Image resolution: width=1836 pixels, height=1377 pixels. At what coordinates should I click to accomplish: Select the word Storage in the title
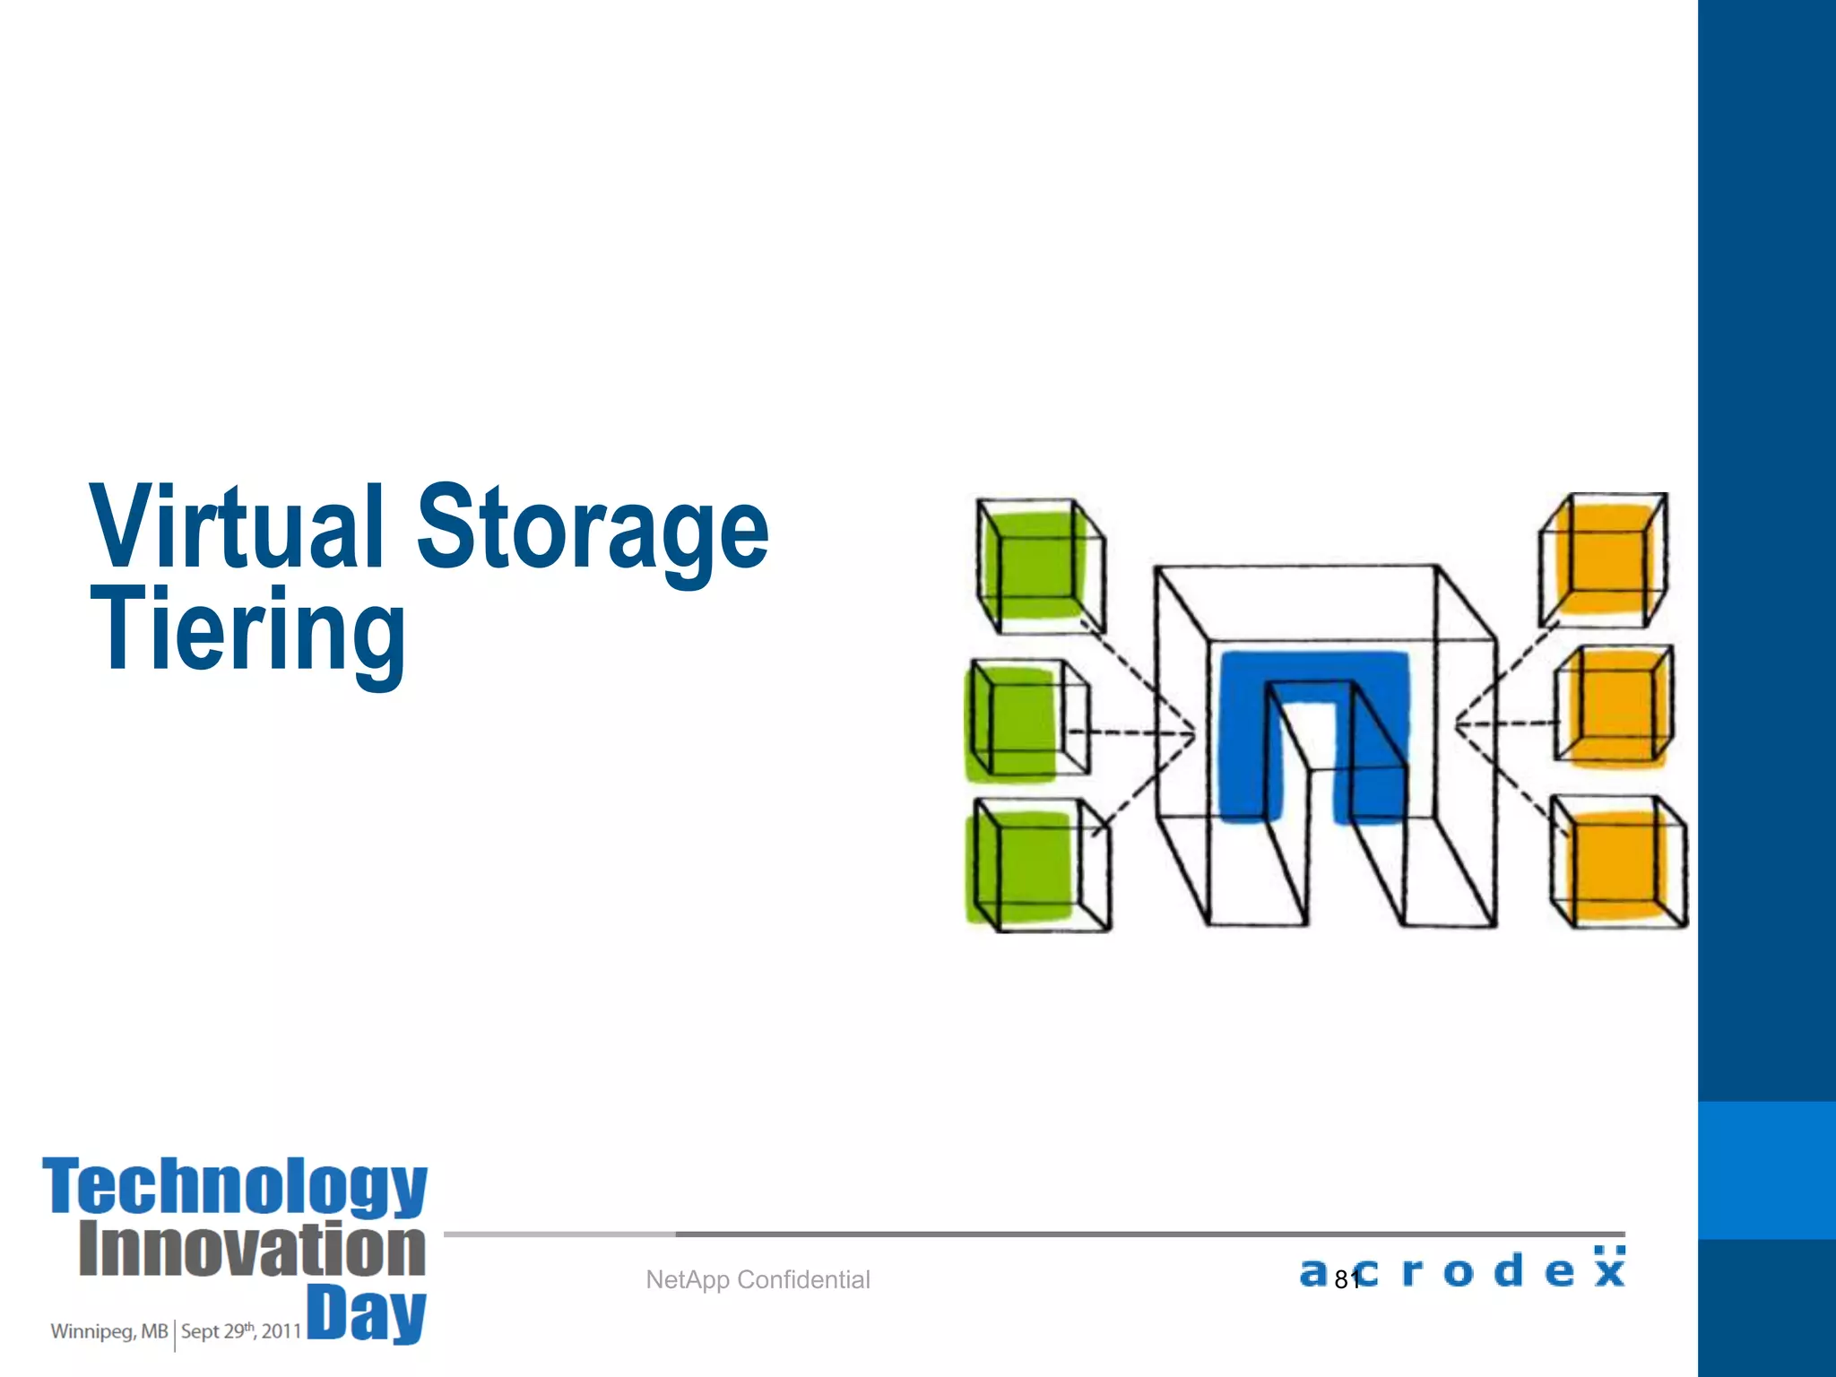tap(593, 529)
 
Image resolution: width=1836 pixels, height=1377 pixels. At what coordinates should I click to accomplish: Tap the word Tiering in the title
tap(248, 630)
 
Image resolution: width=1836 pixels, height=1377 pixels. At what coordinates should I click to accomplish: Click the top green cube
tap(1038, 565)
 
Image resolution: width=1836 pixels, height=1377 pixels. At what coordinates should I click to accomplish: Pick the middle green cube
tap(1024, 722)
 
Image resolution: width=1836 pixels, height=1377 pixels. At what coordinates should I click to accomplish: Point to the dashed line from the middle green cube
tap(1131, 733)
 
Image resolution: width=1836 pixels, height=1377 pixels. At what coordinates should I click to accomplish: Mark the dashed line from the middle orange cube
tap(1506, 723)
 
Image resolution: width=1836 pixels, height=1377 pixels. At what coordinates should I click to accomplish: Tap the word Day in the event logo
tap(367, 1312)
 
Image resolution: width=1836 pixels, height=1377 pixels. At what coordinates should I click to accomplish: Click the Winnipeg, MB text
tap(108, 1331)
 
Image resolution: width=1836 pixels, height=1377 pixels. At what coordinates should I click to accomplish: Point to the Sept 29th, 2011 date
tap(240, 1331)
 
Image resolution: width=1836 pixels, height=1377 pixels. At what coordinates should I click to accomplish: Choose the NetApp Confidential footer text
tap(758, 1279)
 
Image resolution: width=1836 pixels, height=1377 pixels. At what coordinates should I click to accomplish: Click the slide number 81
tap(1347, 1280)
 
